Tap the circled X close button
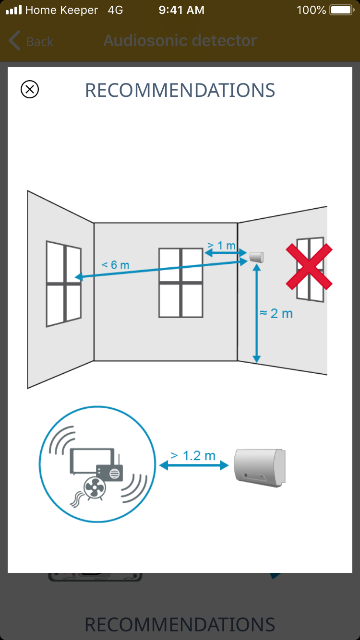click(30, 89)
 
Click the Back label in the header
click(40, 42)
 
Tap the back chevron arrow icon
click(14, 40)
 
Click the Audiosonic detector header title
click(180, 41)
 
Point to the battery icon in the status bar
click(342, 10)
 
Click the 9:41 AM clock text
click(181, 10)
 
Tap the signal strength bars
click(14, 10)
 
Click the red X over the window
click(309, 267)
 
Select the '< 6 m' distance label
click(116, 265)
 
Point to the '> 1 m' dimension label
click(222, 245)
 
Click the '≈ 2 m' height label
click(276, 313)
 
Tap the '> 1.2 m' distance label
click(193, 455)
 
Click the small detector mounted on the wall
click(257, 257)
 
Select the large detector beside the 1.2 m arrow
click(260, 468)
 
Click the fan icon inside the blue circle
click(95, 488)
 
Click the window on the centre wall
click(180, 283)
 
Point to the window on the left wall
click(64, 284)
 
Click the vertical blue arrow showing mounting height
click(257, 313)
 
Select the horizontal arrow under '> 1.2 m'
click(194, 465)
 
